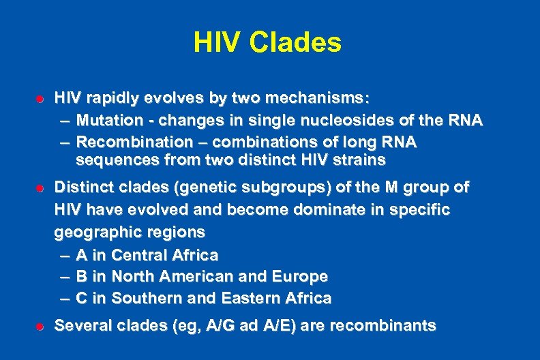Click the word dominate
(315, 209)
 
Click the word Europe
(300, 277)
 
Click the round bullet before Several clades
(40, 327)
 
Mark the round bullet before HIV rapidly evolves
(40, 99)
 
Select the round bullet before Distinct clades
(40, 187)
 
